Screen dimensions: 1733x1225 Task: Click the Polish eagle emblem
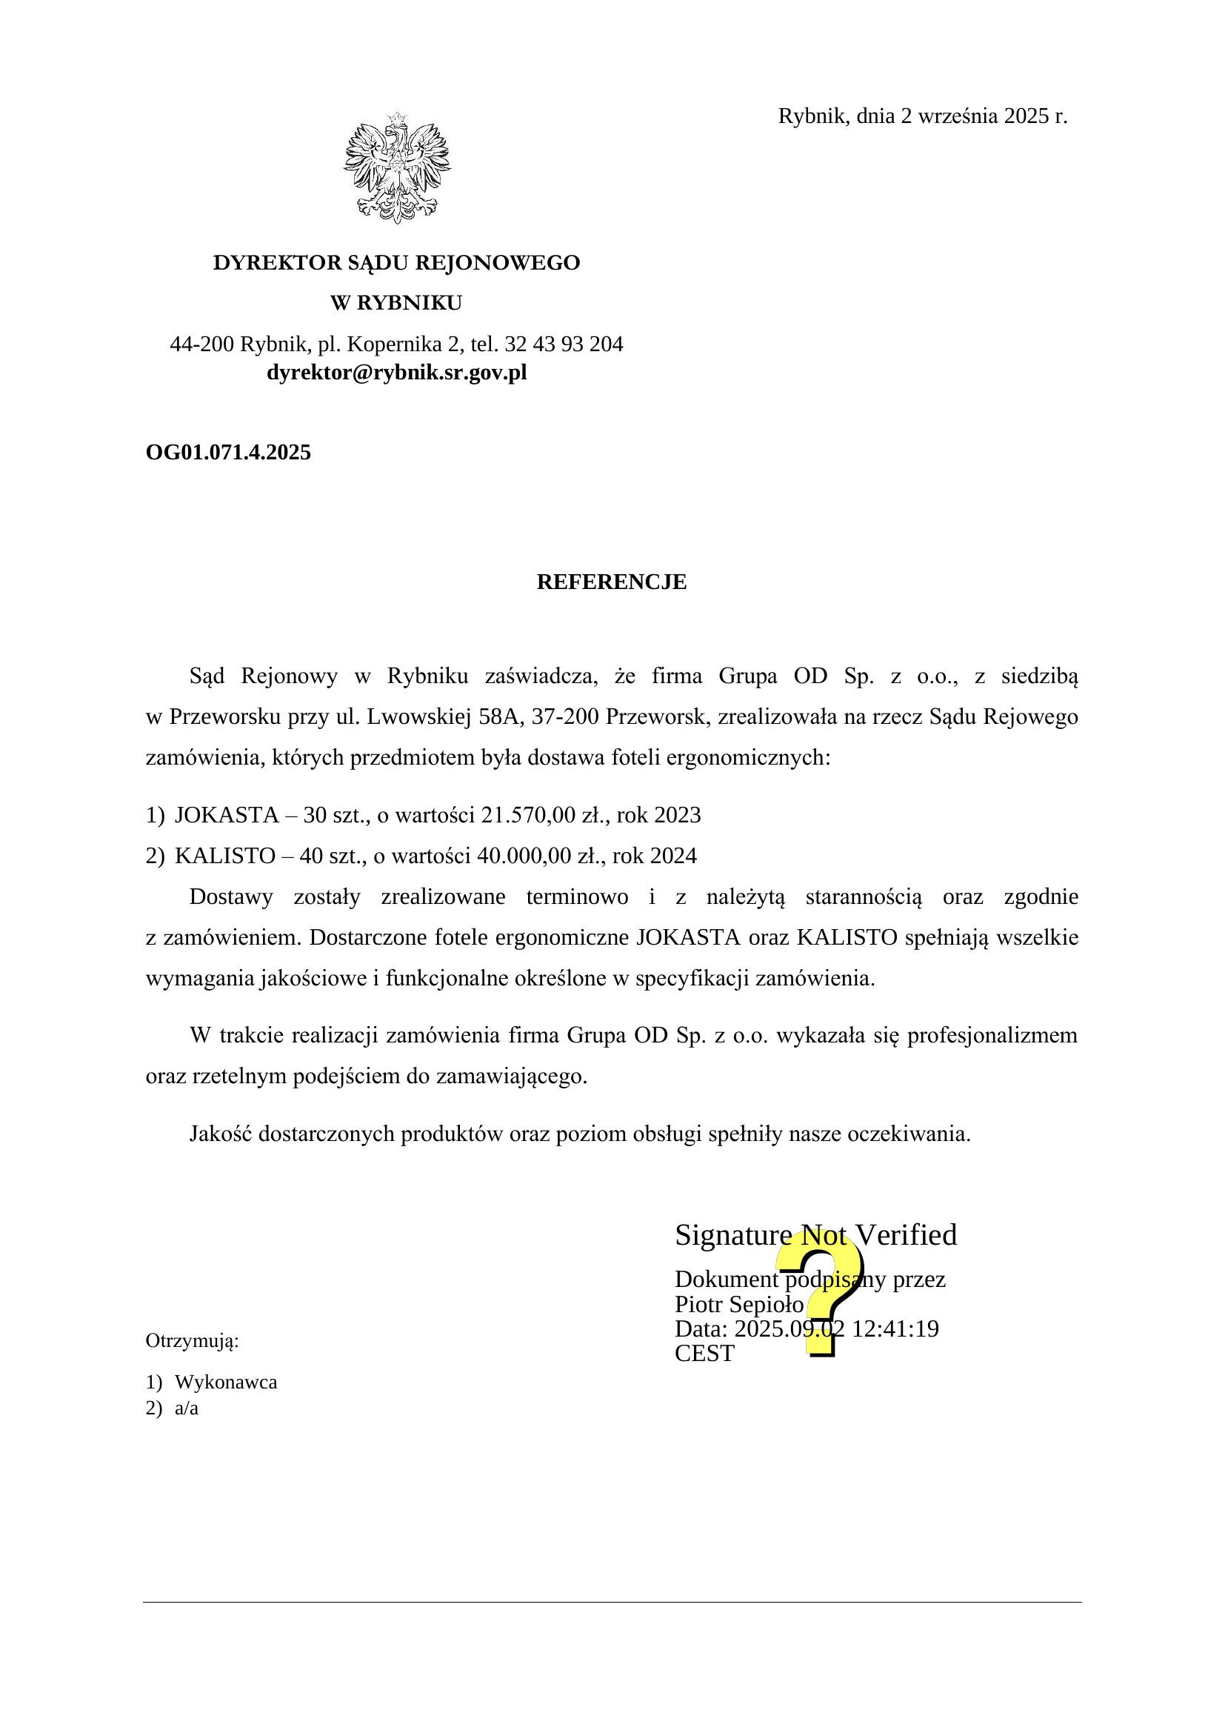(x=397, y=167)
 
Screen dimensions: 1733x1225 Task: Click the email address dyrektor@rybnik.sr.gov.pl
(x=397, y=373)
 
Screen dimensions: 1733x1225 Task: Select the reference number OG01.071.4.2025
(x=228, y=452)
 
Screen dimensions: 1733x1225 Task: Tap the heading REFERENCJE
(x=612, y=582)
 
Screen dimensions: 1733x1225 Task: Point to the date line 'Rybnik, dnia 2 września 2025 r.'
(x=923, y=116)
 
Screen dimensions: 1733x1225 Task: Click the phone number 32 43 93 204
(x=564, y=345)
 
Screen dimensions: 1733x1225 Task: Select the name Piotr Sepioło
(x=739, y=1304)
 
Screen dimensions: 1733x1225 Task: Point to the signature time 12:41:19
(x=895, y=1328)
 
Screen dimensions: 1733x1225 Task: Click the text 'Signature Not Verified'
(x=815, y=1236)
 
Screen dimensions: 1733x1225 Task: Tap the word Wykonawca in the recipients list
(x=226, y=1382)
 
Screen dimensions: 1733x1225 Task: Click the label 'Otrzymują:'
(x=192, y=1341)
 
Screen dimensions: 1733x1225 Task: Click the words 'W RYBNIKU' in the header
(x=396, y=304)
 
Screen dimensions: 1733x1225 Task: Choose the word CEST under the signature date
(x=704, y=1354)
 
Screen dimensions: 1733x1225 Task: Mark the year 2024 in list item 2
(x=672, y=856)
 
